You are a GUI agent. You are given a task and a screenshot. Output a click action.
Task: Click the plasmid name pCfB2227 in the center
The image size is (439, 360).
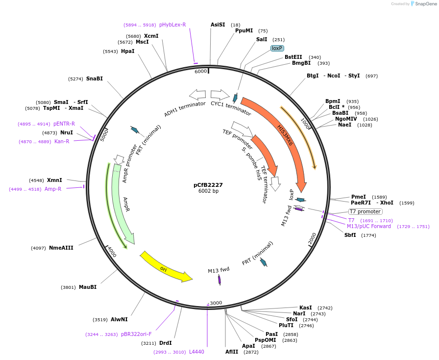click(208, 185)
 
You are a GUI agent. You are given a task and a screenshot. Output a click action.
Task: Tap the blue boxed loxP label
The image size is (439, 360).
click(277, 48)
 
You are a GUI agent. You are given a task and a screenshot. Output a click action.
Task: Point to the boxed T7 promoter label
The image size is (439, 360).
click(365, 211)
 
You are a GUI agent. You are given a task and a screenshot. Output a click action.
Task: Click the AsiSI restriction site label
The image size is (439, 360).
click(218, 25)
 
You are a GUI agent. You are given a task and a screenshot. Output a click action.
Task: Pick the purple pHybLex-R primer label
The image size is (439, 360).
click(172, 25)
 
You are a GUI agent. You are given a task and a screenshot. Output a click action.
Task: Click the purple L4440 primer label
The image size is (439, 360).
click(196, 352)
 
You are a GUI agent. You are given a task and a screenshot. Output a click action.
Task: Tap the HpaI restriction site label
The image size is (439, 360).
click(127, 51)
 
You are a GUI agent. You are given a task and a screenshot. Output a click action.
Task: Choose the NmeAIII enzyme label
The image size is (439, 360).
click(61, 248)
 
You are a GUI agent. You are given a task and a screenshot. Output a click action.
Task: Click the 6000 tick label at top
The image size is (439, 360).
click(200, 72)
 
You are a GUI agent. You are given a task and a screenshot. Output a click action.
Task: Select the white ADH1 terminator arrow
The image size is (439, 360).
click(197, 94)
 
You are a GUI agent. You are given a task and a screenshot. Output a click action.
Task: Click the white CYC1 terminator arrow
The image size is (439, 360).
click(220, 94)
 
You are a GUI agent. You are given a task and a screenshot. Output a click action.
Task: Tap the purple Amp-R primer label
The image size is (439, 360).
click(53, 189)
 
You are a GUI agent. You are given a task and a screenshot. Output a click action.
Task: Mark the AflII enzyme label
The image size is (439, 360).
click(232, 352)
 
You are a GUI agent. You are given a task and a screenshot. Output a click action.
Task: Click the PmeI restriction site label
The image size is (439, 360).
click(358, 197)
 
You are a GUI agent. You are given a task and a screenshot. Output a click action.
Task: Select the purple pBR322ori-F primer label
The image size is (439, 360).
click(136, 334)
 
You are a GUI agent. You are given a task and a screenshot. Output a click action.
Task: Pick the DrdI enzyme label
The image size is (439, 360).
click(166, 343)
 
